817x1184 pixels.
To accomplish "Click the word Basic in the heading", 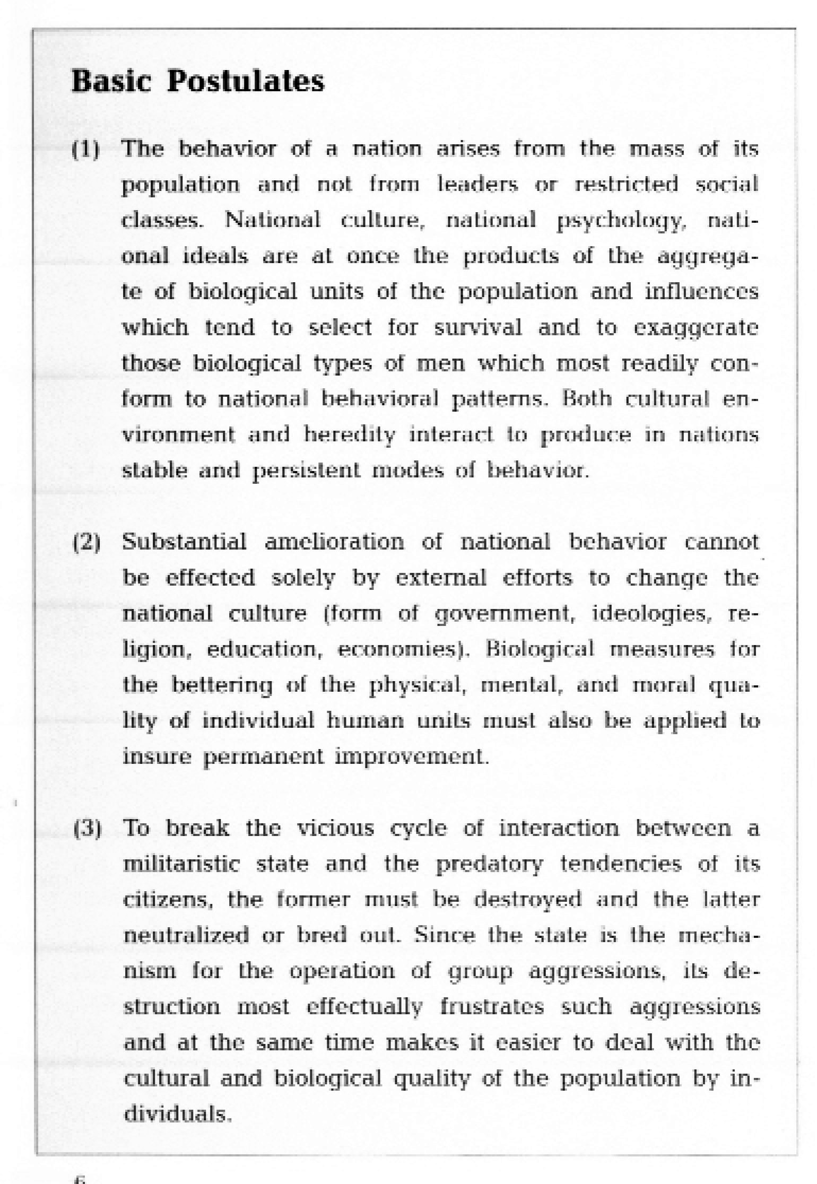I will pos(110,82).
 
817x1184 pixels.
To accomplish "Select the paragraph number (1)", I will pos(86,150).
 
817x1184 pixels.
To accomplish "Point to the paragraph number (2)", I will pos(86,543).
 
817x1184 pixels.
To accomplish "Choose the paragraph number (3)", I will pos(87,829).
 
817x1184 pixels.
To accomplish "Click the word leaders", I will pos(477,185).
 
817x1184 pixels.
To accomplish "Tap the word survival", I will pos(478,328).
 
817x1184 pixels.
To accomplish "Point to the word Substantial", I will pos(184,542).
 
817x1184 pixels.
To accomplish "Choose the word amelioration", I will pos(334,542).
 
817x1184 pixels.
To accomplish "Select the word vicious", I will pos(335,828).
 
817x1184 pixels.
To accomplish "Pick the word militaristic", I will pos(181,864).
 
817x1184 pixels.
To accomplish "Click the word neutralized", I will pos(186,936).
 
